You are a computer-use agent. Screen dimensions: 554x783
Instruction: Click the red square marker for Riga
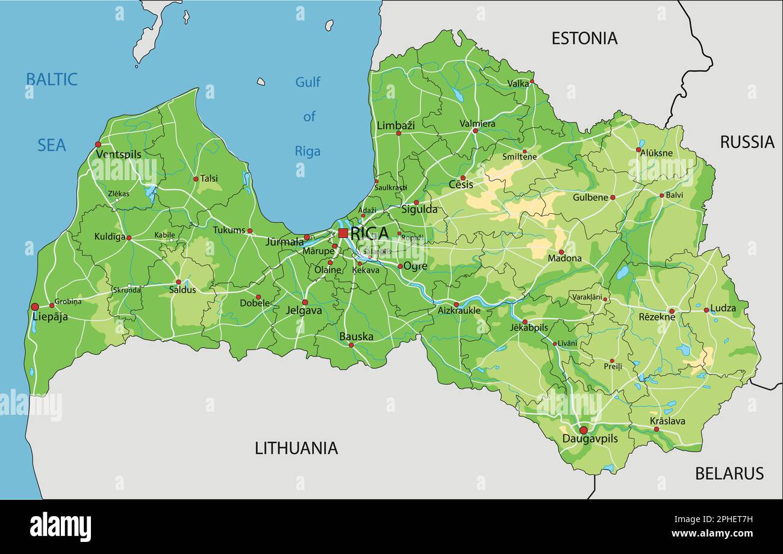(343, 232)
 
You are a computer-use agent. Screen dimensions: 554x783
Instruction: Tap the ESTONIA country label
(584, 39)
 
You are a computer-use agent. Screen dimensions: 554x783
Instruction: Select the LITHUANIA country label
(296, 448)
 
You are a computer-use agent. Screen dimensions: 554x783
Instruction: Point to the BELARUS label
(729, 473)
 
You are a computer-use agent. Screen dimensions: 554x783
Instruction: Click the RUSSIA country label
(747, 142)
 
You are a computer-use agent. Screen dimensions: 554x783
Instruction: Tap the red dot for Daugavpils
(583, 430)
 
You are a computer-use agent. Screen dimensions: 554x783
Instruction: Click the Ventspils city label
(118, 155)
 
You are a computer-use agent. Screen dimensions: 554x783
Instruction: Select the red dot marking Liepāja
(35, 307)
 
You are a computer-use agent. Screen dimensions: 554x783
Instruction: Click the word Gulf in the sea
(308, 82)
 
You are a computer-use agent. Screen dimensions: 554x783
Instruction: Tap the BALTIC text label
(51, 79)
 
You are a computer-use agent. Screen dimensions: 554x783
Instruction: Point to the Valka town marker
(532, 81)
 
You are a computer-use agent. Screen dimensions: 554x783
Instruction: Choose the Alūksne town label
(657, 154)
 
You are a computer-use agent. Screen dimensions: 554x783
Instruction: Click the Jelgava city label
(304, 311)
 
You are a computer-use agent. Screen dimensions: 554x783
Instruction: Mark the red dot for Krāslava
(656, 429)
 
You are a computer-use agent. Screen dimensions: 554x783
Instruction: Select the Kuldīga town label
(110, 237)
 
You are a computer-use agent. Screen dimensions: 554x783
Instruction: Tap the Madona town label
(564, 259)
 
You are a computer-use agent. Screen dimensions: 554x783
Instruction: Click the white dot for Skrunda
(129, 286)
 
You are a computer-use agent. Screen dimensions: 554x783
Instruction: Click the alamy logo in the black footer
(60, 526)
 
